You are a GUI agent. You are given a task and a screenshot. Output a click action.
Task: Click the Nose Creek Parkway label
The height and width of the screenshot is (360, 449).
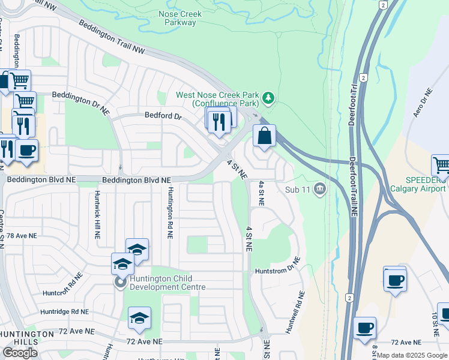click(180, 18)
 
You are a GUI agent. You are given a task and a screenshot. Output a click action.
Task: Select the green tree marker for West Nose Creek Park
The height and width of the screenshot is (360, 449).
click(269, 97)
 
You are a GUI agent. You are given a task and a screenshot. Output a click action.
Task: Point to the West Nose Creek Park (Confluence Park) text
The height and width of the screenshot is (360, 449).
click(218, 99)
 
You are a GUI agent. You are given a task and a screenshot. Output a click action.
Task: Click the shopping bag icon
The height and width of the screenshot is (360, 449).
click(264, 136)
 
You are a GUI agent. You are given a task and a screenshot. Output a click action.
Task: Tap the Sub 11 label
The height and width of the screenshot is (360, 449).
click(298, 190)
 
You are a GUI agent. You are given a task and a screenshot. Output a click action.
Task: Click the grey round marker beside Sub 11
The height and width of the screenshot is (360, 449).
click(319, 190)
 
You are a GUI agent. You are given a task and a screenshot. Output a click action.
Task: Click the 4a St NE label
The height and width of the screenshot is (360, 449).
click(261, 194)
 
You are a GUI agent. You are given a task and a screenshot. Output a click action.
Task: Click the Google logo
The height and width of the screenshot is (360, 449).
click(20, 353)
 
